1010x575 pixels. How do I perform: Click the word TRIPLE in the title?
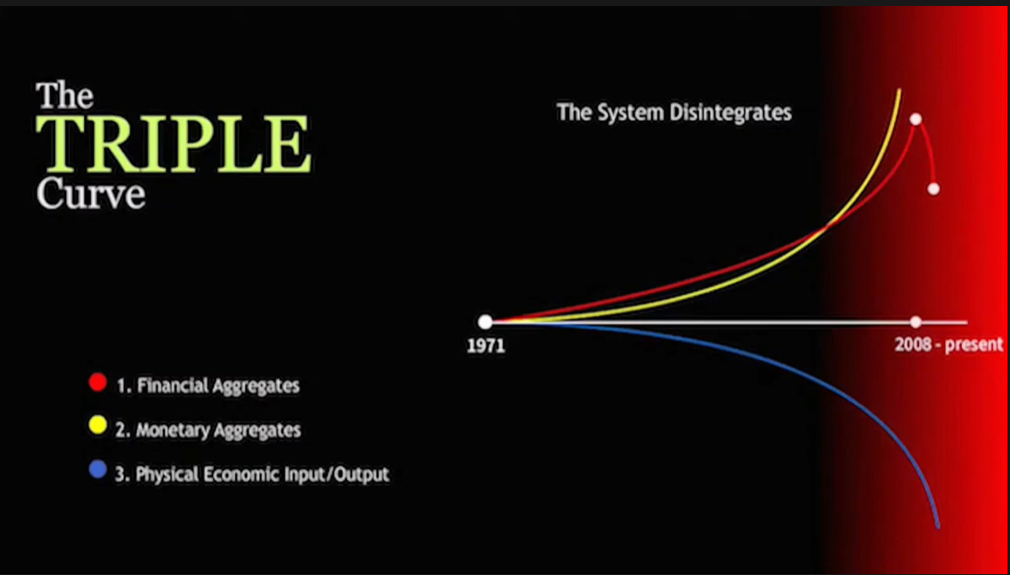173,144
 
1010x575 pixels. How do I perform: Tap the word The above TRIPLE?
65,96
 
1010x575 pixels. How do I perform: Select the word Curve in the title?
91,192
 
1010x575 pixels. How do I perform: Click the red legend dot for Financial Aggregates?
98,383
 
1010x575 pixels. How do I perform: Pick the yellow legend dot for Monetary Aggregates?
98,426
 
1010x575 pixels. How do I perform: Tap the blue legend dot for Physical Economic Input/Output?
98,469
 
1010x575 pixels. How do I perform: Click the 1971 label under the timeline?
486,346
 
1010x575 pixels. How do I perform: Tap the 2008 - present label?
949,344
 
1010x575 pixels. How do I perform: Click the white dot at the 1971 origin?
485,322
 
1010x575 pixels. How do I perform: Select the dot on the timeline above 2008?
916,322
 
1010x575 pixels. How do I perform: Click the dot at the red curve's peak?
916,119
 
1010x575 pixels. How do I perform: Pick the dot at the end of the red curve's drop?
934,189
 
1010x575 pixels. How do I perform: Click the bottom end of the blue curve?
937,527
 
